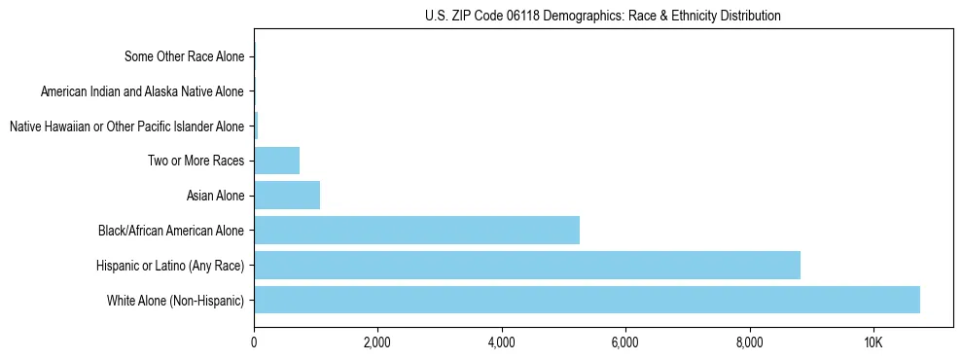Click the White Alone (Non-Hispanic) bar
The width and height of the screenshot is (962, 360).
pyautogui.click(x=587, y=300)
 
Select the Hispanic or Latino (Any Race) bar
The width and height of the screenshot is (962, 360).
pyautogui.click(x=527, y=265)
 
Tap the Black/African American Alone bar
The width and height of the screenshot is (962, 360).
pyautogui.click(x=416, y=231)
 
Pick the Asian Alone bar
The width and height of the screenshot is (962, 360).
pyautogui.click(x=287, y=196)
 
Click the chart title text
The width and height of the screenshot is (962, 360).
pyautogui.click(x=603, y=16)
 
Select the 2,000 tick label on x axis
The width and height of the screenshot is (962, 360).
pyautogui.click(x=377, y=342)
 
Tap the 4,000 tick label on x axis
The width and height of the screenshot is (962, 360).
pyautogui.click(x=501, y=342)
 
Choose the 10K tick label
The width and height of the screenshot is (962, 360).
pyautogui.click(x=873, y=342)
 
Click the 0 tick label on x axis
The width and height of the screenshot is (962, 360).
pyautogui.click(x=254, y=342)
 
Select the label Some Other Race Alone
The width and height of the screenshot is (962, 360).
pyautogui.click(x=185, y=56)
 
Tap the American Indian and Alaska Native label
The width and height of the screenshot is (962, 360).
pyautogui.click(x=142, y=91)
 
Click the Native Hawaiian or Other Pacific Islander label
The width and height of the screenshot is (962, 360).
pyautogui.click(x=126, y=126)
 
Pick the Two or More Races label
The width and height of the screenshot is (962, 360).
pyautogui.click(x=196, y=161)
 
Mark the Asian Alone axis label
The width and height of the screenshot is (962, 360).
pyautogui.click(x=215, y=196)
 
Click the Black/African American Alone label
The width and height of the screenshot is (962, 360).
pyautogui.click(x=171, y=231)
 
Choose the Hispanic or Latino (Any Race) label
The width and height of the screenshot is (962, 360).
pyautogui.click(x=170, y=265)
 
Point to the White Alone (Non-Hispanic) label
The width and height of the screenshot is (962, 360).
pyautogui.click(x=176, y=300)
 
